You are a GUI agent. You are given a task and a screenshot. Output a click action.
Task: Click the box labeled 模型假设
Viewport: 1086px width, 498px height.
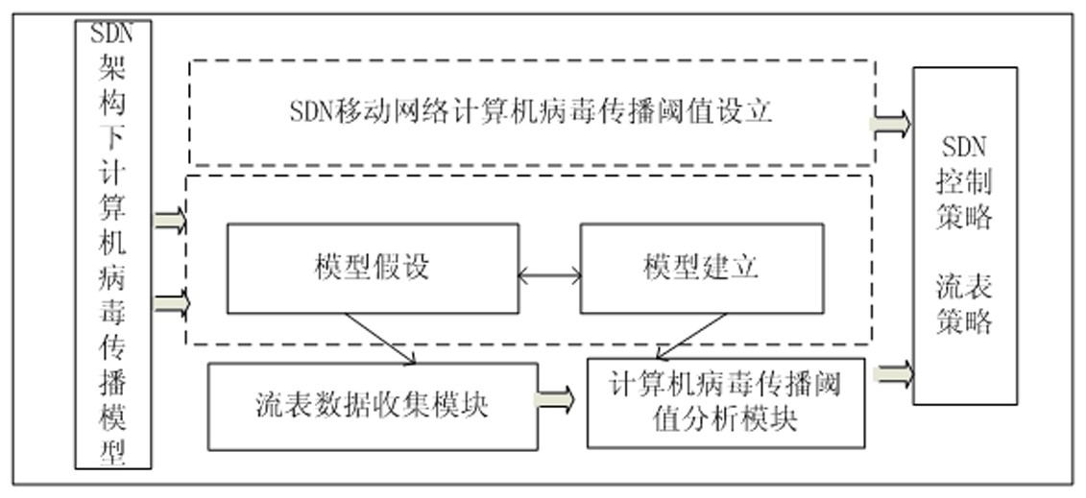(373, 269)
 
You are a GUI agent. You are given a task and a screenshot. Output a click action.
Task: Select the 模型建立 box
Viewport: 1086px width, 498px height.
(702, 269)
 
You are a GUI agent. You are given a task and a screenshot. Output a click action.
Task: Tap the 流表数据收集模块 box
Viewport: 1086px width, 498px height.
(373, 407)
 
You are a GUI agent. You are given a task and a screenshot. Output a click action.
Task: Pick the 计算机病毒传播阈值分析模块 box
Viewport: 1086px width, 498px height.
(726, 403)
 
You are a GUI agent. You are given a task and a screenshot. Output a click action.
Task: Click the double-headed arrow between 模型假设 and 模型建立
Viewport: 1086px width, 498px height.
(550, 276)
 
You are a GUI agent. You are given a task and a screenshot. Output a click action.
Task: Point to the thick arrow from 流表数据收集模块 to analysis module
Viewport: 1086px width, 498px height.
(555, 400)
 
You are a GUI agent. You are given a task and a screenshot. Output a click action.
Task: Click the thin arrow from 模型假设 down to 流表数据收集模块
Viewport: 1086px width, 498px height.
(379, 339)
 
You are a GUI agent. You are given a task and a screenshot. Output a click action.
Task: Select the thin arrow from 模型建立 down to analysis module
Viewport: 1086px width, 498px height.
(691, 336)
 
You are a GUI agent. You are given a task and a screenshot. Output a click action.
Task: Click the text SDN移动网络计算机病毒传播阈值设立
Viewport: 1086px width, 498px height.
(531, 111)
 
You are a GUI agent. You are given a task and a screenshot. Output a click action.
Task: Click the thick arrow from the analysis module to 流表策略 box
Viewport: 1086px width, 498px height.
(893, 374)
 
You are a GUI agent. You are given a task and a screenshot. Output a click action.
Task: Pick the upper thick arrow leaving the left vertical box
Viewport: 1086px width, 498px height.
(170, 222)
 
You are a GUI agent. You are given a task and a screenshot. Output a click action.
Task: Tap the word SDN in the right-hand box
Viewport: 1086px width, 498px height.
(964, 148)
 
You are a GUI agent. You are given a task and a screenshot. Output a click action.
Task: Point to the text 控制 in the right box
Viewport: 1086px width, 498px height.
(965, 182)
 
